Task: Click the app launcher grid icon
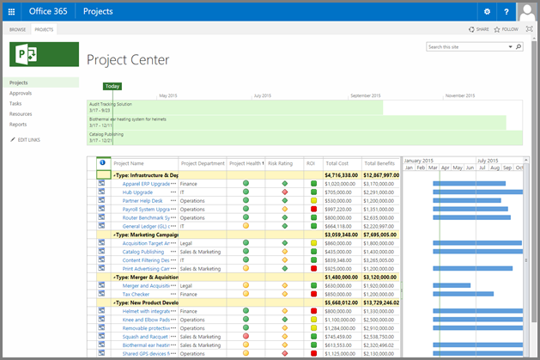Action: (12, 12)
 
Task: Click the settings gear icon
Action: (487, 12)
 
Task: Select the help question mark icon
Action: (507, 12)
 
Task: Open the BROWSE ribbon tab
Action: (17, 29)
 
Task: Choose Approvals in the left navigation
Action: (21, 93)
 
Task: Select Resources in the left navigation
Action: (21, 113)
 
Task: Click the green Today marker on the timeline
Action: (112, 86)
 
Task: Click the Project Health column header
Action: (246, 162)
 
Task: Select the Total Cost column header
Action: (337, 162)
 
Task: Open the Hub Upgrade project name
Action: (137, 192)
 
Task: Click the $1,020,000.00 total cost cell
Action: (340, 183)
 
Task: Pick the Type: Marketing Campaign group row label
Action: (147, 234)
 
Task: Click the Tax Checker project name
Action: (136, 293)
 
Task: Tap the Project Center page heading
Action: (128, 59)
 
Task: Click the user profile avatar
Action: (527, 12)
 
